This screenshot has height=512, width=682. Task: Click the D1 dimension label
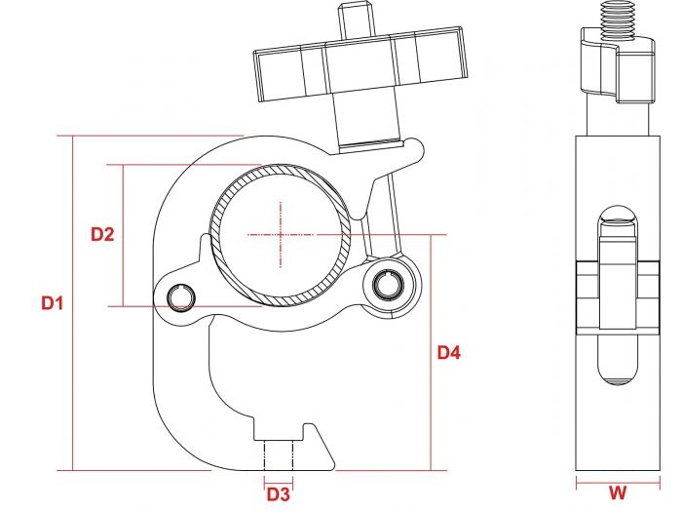[x=52, y=303]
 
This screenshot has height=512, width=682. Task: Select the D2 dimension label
[x=102, y=234]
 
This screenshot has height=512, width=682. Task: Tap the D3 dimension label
[x=279, y=493]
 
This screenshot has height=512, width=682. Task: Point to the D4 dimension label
[x=448, y=352]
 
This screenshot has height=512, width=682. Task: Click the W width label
[x=618, y=493]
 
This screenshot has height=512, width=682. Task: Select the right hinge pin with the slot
[x=389, y=284]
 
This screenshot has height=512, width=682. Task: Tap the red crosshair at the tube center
[x=281, y=234]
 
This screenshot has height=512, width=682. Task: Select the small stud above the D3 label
[x=279, y=454]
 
